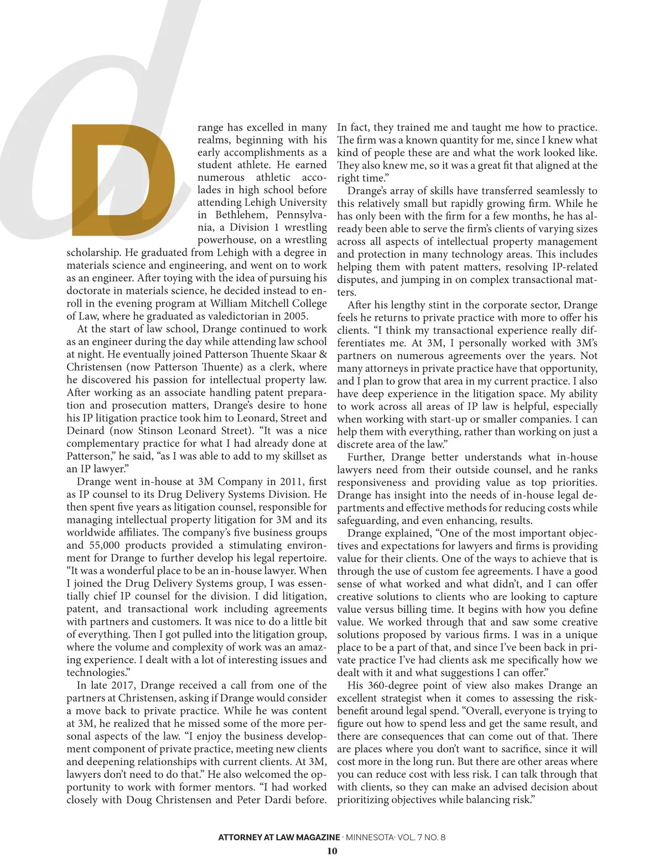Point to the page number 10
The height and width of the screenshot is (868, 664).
(x=332, y=851)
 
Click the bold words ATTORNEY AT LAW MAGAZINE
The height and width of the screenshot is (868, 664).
(x=279, y=837)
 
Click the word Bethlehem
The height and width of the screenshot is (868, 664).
(x=240, y=215)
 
